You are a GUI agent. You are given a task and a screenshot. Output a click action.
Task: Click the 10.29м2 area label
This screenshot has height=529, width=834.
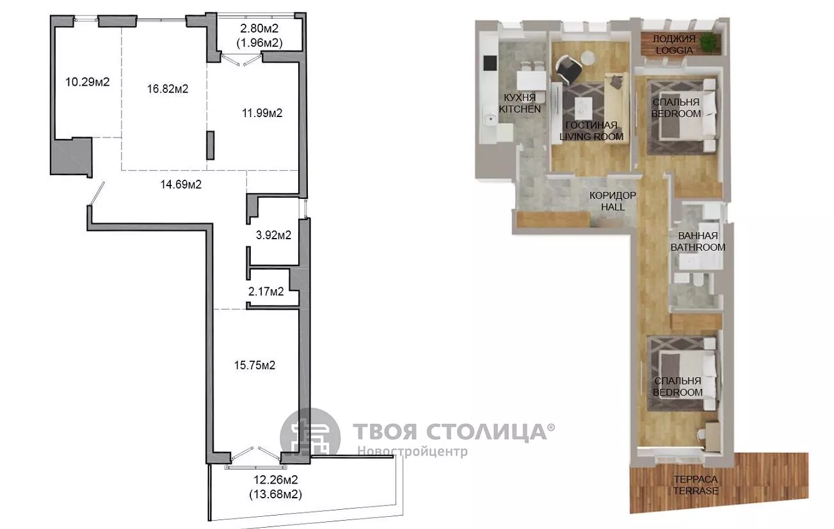click(88, 82)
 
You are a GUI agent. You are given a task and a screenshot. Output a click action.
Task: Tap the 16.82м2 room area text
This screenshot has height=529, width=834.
click(168, 89)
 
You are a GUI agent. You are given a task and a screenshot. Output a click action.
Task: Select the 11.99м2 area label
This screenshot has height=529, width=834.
click(262, 113)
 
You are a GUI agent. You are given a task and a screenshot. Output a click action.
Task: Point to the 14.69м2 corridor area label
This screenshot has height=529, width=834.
click(181, 184)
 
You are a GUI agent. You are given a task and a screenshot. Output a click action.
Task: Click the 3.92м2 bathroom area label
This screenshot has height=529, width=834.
click(274, 235)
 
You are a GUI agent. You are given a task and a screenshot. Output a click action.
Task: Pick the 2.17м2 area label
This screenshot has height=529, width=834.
click(266, 291)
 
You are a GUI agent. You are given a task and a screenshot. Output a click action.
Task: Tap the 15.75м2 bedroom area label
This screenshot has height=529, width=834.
click(255, 365)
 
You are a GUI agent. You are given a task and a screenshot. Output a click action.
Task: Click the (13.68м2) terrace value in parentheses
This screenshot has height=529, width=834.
click(275, 494)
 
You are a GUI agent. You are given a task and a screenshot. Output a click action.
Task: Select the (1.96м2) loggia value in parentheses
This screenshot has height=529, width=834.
click(259, 43)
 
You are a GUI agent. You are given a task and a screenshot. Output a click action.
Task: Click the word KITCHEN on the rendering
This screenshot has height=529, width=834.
click(520, 109)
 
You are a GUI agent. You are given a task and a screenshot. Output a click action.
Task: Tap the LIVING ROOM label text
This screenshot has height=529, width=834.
click(591, 136)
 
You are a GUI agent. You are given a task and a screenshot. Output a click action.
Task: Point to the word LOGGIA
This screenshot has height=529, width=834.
click(674, 51)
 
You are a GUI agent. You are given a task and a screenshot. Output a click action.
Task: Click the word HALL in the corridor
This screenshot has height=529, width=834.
click(613, 207)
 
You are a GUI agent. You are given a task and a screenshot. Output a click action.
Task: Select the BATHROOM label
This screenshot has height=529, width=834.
click(698, 248)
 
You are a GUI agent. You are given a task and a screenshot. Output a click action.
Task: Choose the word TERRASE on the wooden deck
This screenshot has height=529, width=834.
click(696, 491)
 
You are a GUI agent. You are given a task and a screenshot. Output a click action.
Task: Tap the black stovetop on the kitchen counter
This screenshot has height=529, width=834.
click(490, 63)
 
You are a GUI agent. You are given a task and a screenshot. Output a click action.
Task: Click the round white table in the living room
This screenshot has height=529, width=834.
click(588, 58)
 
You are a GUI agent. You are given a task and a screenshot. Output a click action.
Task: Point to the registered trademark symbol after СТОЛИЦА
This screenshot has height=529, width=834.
click(551, 427)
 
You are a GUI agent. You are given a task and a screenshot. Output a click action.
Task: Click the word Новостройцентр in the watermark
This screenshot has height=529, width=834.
click(413, 452)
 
